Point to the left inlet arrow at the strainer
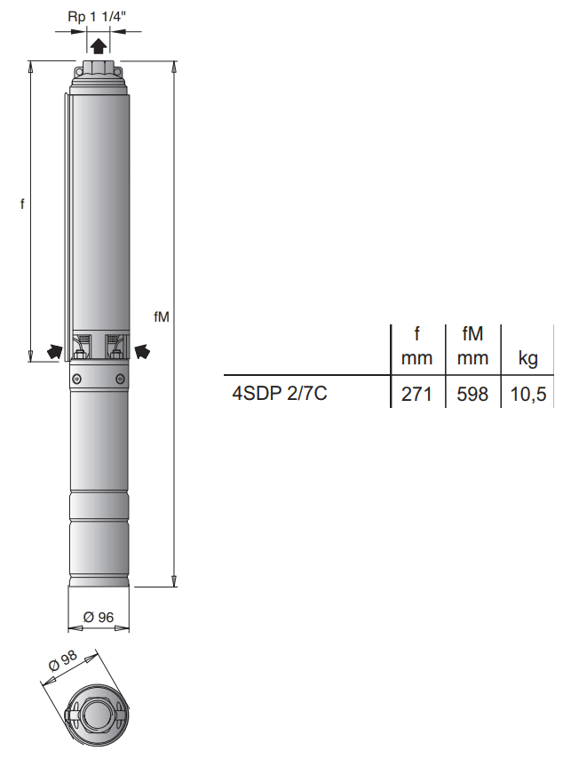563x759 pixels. coord(55,351)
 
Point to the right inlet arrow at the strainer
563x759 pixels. coord(141,351)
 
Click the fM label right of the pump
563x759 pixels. coord(161,316)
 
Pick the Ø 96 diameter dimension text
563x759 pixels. coord(99,617)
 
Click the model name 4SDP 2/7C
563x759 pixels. coord(280,393)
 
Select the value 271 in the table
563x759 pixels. coord(416,394)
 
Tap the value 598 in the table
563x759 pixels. coord(472,394)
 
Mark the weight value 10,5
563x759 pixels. coord(528,394)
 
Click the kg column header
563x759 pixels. coord(528,359)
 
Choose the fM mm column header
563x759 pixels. coord(472,346)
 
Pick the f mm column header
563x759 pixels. coord(416,346)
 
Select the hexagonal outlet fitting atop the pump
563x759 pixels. coord(98,69)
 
